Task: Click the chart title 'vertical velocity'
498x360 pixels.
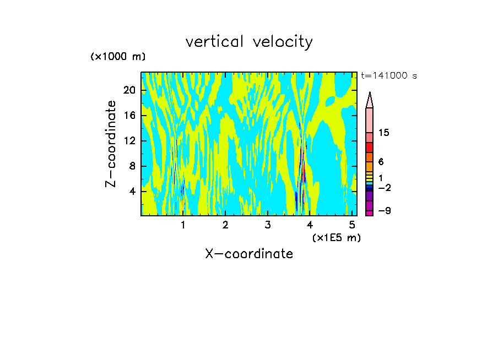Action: tap(249, 42)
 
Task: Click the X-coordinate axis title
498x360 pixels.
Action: tap(249, 254)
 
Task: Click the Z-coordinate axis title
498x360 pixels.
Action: tap(111, 144)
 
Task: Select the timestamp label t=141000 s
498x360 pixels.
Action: tap(389, 76)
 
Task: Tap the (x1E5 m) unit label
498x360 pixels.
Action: tap(336, 238)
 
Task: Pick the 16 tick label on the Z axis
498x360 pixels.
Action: tap(129, 115)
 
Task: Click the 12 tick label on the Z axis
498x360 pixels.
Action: tap(129, 141)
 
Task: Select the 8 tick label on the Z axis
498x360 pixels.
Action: tap(132, 166)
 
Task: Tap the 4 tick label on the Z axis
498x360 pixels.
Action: tap(132, 192)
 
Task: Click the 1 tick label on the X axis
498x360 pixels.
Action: tap(182, 225)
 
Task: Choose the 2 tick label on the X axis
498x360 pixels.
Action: tap(225, 225)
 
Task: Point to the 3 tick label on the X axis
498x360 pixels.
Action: tap(267, 225)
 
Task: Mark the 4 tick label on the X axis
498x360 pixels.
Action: tap(310, 225)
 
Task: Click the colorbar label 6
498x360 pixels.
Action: tap(381, 162)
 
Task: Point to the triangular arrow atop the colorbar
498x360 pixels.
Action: tap(370, 100)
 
